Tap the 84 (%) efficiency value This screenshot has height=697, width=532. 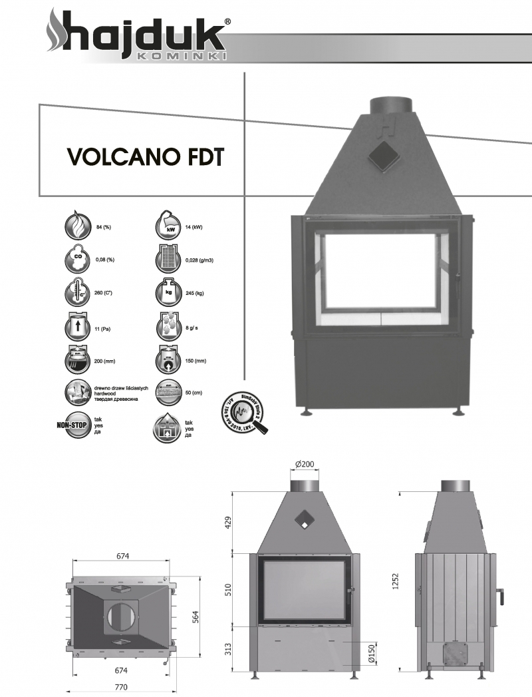pyautogui.click(x=103, y=228)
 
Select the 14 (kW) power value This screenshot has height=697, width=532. pyautogui.click(x=194, y=228)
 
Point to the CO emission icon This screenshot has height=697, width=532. pyautogui.click(x=77, y=260)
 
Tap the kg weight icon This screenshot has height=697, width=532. pyautogui.click(x=168, y=292)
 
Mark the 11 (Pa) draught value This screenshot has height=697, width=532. pyautogui.click(x=103, y=329)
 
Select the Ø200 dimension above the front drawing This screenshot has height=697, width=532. pyautogui.click(x=304, y=464)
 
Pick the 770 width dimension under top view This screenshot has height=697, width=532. pyautogui.click(x=120, y=686)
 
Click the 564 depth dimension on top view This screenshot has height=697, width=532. pyautogui.click(x=195, y=616)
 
